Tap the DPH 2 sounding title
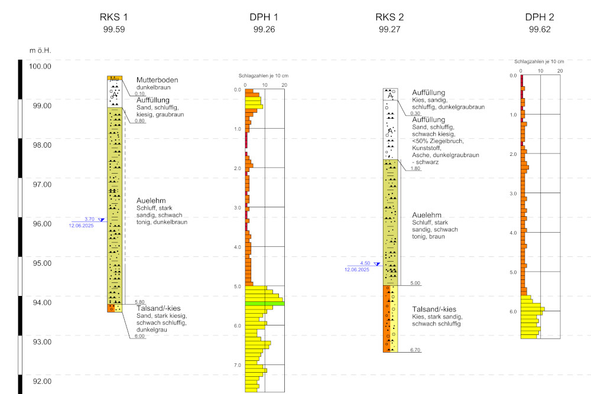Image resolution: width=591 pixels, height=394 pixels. [x=540, y=17]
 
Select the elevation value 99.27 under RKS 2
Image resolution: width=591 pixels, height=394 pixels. [x=390, y=29]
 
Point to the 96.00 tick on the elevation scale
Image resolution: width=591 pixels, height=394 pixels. [x=40, y=224]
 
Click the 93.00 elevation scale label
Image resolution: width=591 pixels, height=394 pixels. [x=40, y=342]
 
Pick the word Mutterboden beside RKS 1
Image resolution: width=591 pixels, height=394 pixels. [x=157, y=80]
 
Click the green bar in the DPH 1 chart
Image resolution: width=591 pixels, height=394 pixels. [x=265, y=304]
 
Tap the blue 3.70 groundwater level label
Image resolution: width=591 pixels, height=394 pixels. [x=90, y=218]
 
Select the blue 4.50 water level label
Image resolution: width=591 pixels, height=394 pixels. [x=365, y=263]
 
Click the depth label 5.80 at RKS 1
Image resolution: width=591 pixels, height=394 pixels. [x=139, y=301]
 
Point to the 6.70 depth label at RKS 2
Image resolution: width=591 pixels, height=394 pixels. [x=415, y=350]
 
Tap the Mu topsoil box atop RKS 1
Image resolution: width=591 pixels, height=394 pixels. [x=114, y=78]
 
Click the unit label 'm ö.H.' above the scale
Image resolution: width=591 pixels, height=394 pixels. [x=40, y=50]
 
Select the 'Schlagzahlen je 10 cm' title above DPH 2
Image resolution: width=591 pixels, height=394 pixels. [x=539, y=61]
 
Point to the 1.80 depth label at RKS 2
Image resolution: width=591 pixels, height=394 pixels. [x=415, y=168]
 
